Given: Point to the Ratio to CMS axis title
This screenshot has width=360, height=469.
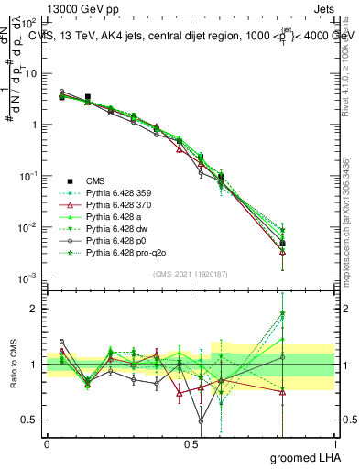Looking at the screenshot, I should [12, 365].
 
